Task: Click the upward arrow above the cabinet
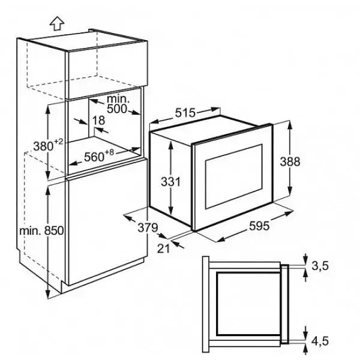57,23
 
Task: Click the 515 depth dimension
185,113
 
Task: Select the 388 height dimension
290,161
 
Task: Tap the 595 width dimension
259,226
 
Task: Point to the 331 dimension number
171,182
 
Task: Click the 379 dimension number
148,227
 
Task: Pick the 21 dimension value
163,248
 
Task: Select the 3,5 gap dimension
320,266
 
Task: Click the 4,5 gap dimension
320,341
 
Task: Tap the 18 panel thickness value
99,121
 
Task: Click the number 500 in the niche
117,109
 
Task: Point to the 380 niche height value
43,146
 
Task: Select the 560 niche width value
94,157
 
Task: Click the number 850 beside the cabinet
54,230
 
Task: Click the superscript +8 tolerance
109,152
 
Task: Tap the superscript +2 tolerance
58,142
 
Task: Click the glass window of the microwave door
234,176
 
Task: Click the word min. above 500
118,99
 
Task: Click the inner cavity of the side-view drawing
248,304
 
